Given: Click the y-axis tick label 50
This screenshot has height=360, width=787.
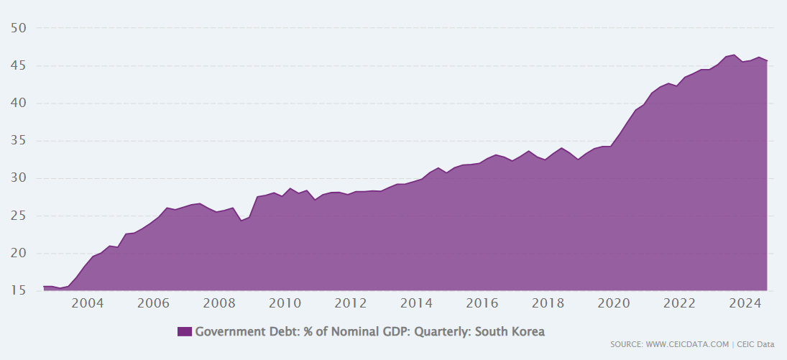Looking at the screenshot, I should click(19, 28).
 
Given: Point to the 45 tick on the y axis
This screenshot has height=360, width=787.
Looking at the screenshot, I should click(19, 65).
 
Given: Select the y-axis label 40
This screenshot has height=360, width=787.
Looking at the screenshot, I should click(19, 103).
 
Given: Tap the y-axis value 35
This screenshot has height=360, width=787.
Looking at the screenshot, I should click(19, 141).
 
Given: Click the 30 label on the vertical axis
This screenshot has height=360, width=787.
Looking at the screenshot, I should click(19, 178).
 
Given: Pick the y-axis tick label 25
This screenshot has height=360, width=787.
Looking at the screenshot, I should click(19, 216).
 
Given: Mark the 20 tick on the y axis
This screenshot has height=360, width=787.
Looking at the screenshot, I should click(19, 253).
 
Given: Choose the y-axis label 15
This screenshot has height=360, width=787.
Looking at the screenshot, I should click(19, 291).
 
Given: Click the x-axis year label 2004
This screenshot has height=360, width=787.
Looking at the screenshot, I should click(88, 303).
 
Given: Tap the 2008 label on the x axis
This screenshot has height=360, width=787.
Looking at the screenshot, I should click(219, 303).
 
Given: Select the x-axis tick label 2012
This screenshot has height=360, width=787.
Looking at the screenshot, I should click(351, 303).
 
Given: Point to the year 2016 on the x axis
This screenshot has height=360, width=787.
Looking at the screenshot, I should click(482, 303).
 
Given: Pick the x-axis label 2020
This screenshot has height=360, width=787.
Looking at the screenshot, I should click(614, 303).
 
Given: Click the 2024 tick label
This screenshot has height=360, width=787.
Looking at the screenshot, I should click(745, 303).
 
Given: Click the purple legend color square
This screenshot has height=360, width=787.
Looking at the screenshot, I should click(185, 331).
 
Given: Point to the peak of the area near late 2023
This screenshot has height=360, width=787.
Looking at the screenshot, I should click(734, 55).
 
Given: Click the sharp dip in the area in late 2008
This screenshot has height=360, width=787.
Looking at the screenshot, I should click(241, 220).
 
